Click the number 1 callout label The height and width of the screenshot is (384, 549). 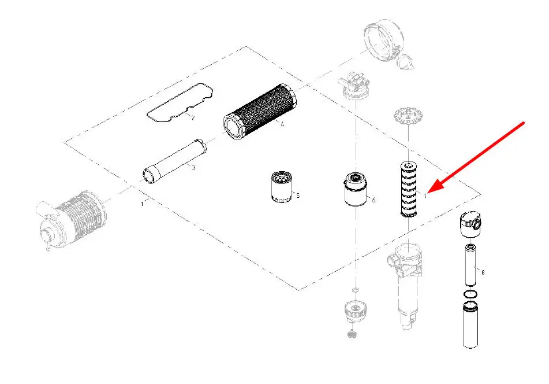[142, 204]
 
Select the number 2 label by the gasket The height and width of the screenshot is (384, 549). [193, 118]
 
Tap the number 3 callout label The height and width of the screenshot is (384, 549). [193, 168]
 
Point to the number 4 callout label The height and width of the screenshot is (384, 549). [282, 124]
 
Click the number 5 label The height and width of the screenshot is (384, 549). [298, 195]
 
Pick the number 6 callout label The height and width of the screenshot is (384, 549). [374, 200]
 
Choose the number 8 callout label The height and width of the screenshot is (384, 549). [483, 271]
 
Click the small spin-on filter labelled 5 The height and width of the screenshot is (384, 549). [282, 186]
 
